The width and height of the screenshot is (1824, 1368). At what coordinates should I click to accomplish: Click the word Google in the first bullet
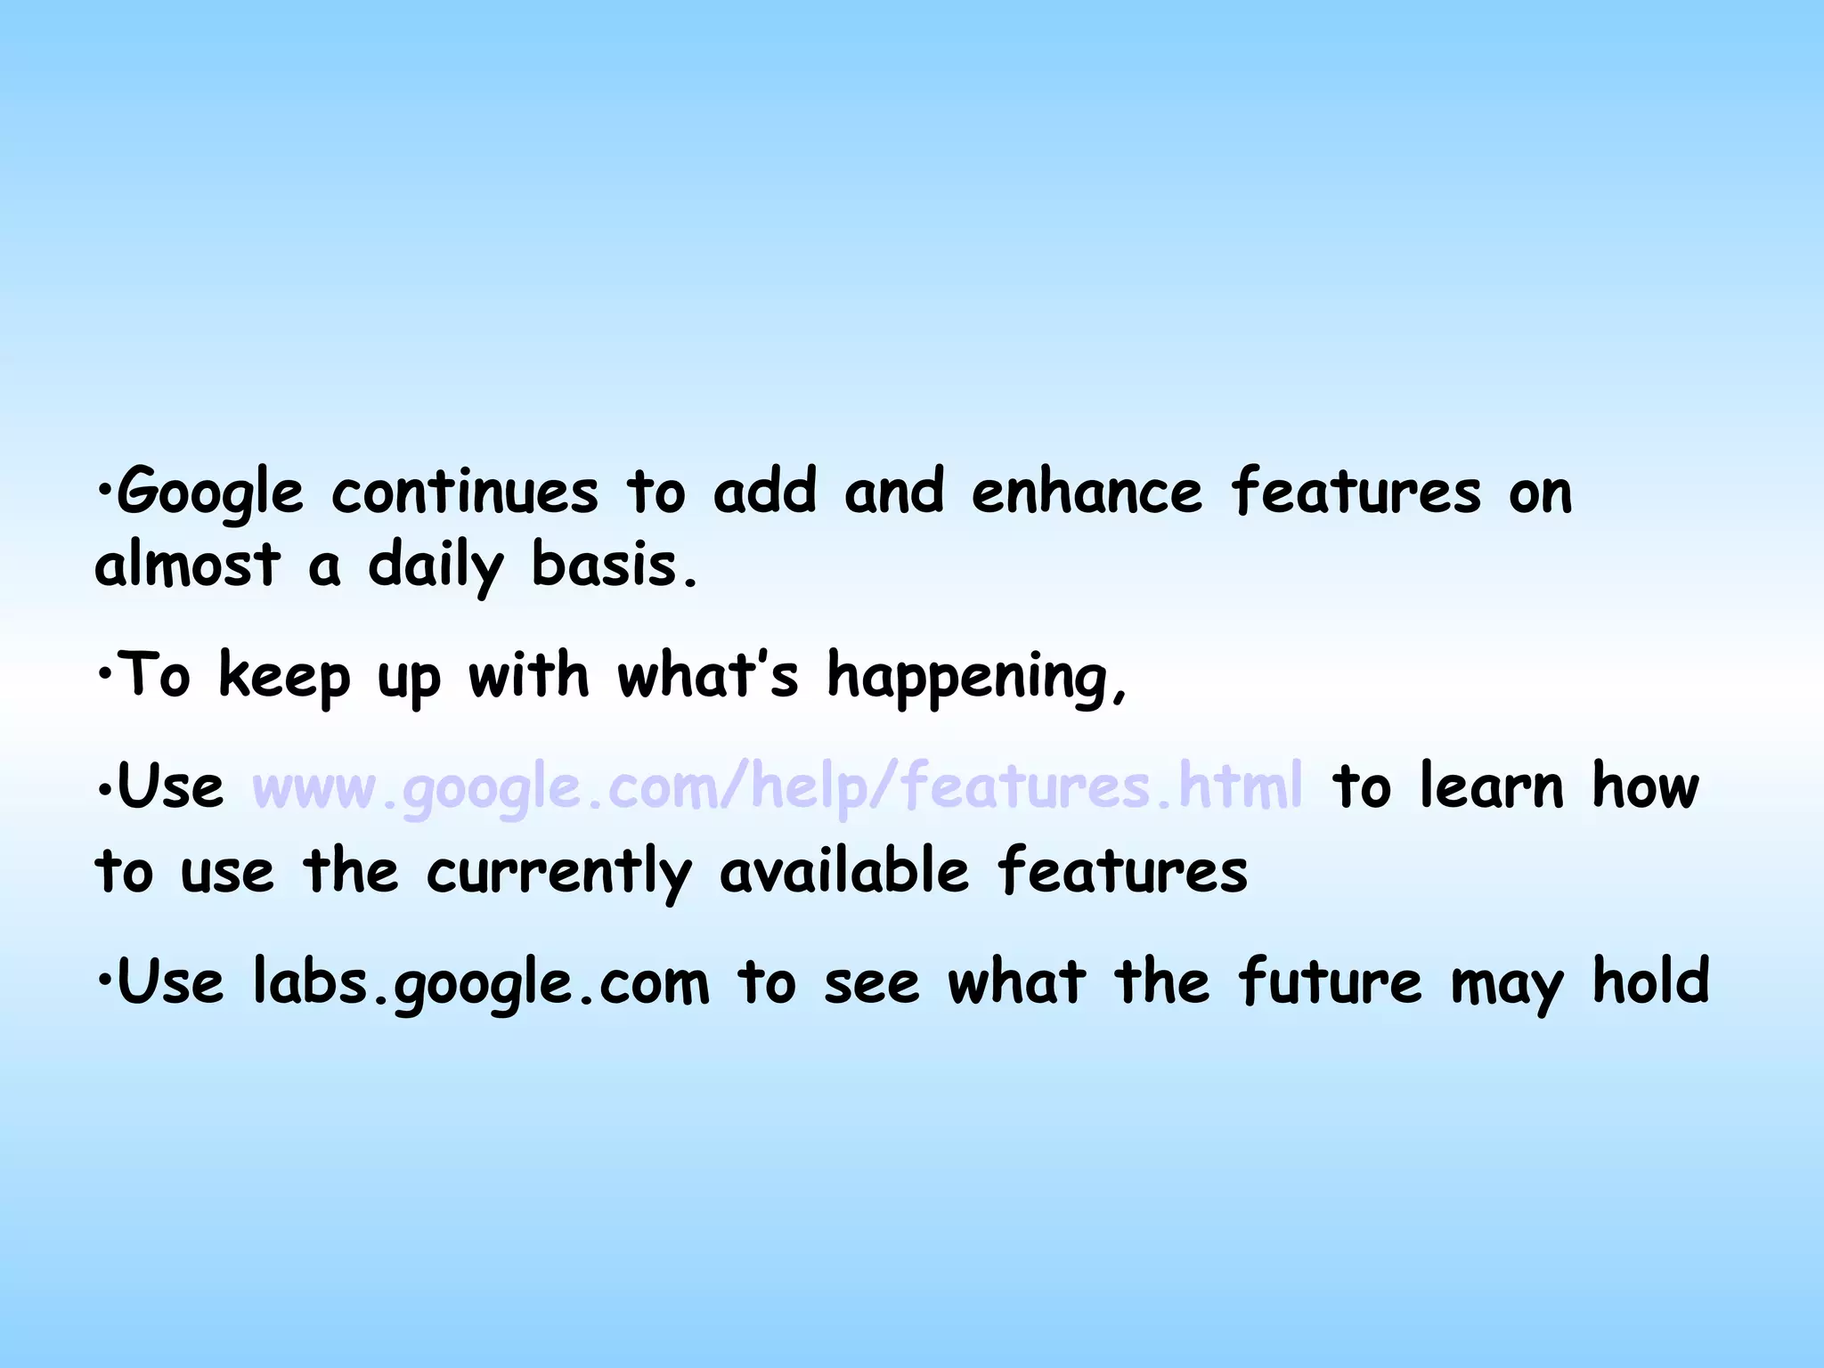pyautogui.click(x=210, y=493)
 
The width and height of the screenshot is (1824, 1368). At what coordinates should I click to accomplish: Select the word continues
pyautogui.click(x=464, y=492)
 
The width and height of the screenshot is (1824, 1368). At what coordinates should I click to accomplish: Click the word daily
pyautogui.click(x=436, y=566)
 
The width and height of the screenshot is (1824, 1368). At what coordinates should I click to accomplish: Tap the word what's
pyautogui.click(x=708, y=675)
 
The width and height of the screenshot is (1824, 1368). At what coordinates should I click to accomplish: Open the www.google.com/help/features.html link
pyautogui.click(x=778, y=787)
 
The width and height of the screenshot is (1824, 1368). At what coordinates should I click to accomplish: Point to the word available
pyautogui.click(x=843, y=871)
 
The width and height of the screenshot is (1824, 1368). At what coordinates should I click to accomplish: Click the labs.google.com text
pyautogui.click(x=481, y=983)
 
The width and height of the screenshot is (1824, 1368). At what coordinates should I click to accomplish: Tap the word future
pyautogui.click(x=1330, y=981)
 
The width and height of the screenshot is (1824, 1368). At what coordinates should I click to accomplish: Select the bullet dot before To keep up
pyautogui.click(x=104, y=674)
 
